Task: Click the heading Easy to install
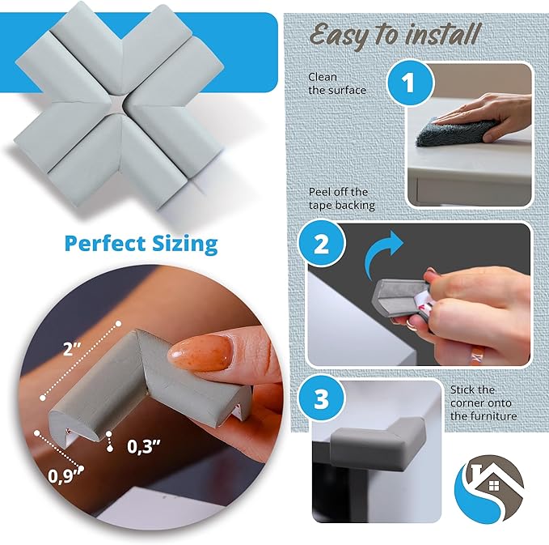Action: point(395,34)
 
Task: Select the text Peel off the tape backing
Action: point(341,198)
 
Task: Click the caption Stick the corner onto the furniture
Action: point(484,402)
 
